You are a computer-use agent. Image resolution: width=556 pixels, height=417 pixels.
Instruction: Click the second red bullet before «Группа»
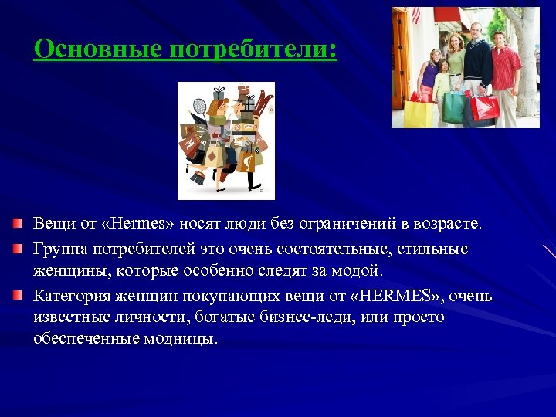point(18,249)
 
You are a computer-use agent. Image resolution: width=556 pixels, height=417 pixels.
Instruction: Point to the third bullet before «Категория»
point(18,296)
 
